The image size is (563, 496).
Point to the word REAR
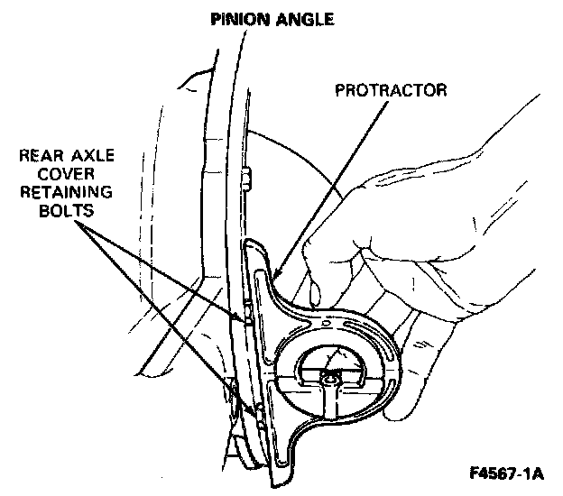pos(41,155)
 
